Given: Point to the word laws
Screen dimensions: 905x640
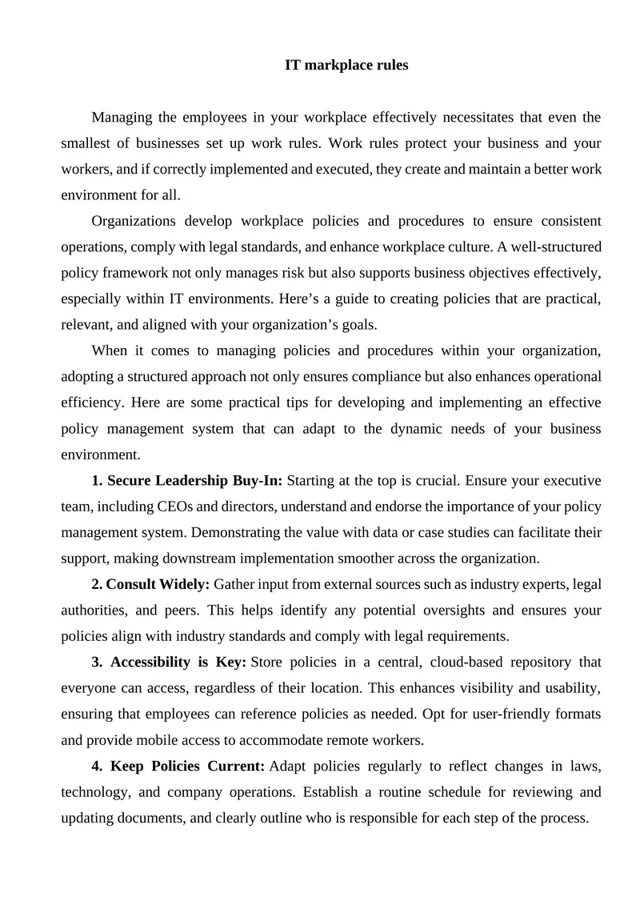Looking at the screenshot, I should pos(583,766).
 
